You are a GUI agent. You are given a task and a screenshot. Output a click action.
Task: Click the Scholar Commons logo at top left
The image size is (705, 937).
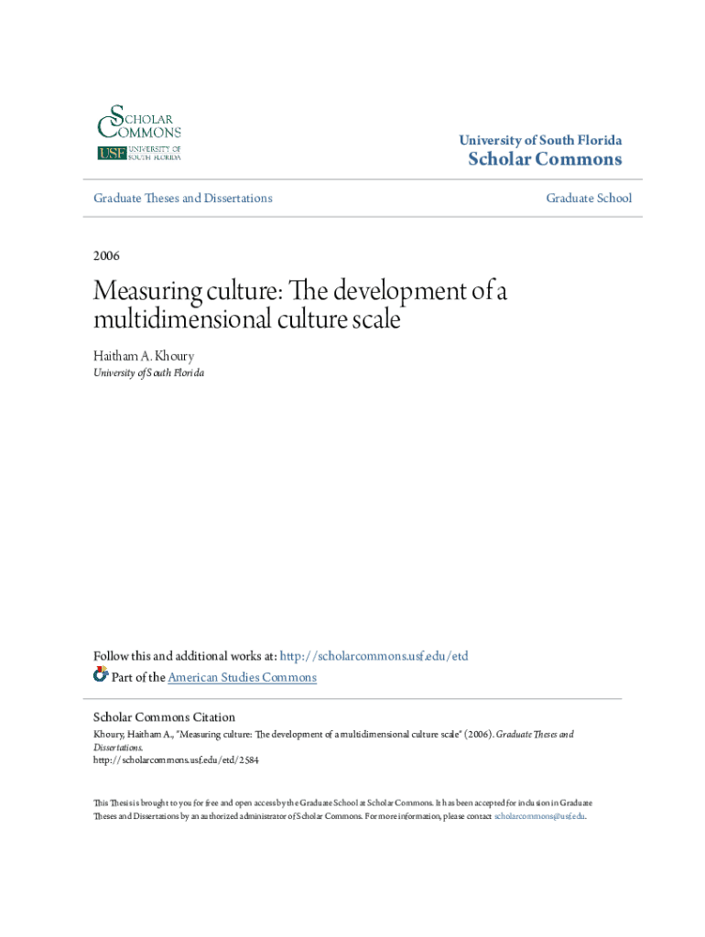click(139, 133)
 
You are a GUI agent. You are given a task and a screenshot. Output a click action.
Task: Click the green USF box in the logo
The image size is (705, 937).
click(111, 153)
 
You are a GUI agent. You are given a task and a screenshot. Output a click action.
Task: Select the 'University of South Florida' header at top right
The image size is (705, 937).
click(540, 140)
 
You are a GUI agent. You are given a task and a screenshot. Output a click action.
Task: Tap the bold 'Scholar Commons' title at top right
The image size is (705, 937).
click(545, 160)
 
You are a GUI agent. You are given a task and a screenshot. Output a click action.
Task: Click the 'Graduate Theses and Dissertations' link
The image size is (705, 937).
click(183, 198)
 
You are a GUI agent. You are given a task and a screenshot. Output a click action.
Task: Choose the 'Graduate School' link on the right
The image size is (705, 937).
click(589, 198)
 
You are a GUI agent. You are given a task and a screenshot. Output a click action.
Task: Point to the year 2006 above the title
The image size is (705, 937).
click(107, 255)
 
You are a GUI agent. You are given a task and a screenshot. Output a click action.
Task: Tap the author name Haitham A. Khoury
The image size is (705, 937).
click(142, 356)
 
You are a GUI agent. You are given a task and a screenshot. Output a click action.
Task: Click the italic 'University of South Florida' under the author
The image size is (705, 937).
click(149, 373)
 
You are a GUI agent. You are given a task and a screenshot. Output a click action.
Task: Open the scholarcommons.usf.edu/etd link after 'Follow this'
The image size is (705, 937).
click(374, 656)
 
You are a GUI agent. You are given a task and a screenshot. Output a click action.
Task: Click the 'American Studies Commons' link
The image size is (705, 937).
click(243, 677)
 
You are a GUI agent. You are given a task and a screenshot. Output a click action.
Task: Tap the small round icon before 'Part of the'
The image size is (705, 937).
click(101, 675)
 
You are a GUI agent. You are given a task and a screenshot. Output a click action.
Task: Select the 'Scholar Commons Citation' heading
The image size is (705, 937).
click(165, 717)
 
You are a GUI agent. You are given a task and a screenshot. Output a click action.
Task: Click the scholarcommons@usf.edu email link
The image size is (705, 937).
click(539, 815)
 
